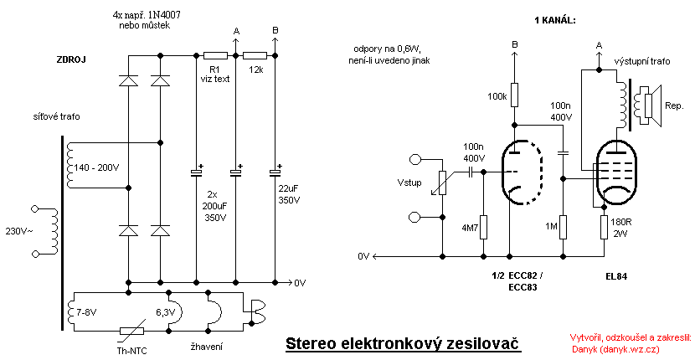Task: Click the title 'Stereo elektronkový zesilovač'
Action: [403, 343]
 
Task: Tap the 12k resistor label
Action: [255, 69]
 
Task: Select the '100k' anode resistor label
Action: [497, 97]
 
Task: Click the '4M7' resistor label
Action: [468, 225]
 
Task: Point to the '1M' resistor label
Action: [549, 225]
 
